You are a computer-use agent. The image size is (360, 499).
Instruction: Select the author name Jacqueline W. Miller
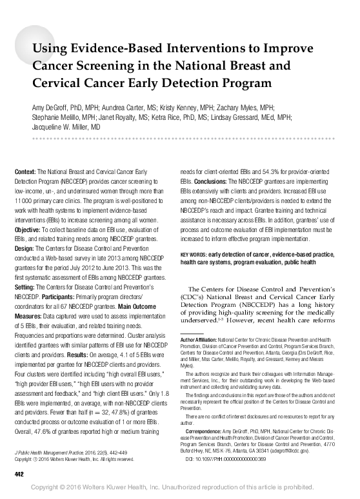click(x=61, y=128)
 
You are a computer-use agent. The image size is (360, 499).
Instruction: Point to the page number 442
click(x=19, y=475)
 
